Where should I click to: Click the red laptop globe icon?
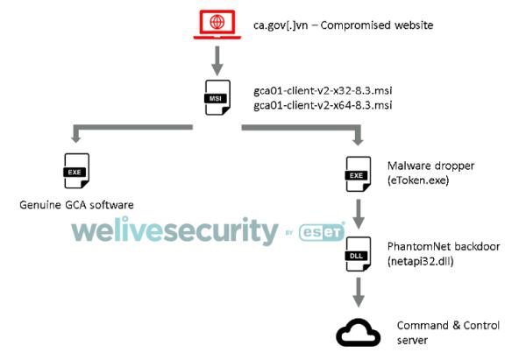[216, 25]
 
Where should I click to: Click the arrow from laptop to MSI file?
[217, 60]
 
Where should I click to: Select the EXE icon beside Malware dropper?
[357, 168]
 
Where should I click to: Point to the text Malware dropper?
[425, 163]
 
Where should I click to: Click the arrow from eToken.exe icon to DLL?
[357, 210]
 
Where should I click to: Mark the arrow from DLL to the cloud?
[357, 291]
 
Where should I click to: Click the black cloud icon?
[357, 331]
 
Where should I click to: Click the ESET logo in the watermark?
[322, 233]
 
